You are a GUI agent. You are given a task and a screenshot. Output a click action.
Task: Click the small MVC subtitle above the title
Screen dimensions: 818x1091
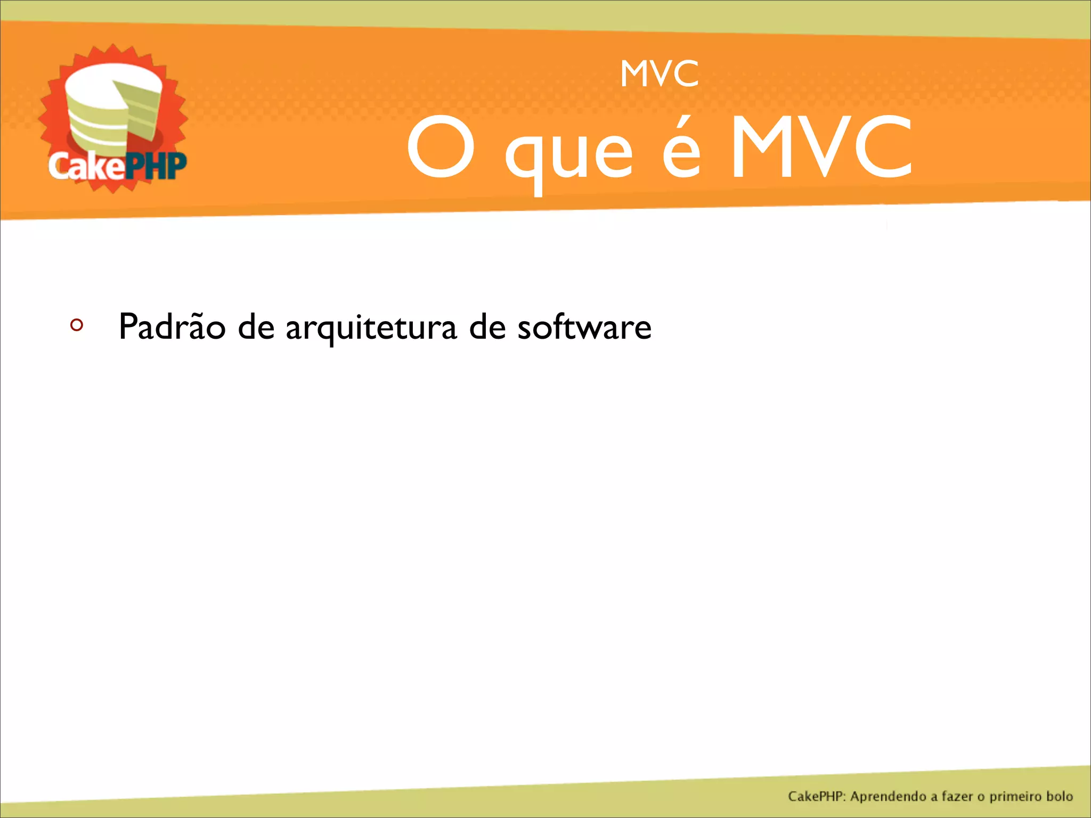[660, 74]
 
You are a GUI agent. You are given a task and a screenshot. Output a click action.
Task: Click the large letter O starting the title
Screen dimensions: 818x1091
[441, 147]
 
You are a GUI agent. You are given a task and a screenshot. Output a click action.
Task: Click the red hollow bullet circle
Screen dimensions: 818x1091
[77, 325]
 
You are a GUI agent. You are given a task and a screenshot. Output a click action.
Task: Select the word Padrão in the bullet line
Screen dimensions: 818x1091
[172, 326]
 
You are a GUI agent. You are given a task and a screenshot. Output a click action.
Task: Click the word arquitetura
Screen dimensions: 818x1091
[371, 328]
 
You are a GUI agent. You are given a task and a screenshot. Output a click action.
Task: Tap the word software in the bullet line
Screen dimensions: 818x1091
[584, 326]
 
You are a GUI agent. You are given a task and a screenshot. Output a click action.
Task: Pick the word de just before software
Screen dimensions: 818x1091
[487, 326]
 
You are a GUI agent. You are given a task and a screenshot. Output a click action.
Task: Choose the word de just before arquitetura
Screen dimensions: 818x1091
[256, 326]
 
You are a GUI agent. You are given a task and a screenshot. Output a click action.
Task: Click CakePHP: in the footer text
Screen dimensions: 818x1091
[817, 797]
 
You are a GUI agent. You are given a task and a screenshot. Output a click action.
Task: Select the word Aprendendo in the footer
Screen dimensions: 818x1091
[889, 797]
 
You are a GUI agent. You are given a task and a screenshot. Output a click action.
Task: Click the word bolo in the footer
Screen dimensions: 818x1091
[1059, 797]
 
